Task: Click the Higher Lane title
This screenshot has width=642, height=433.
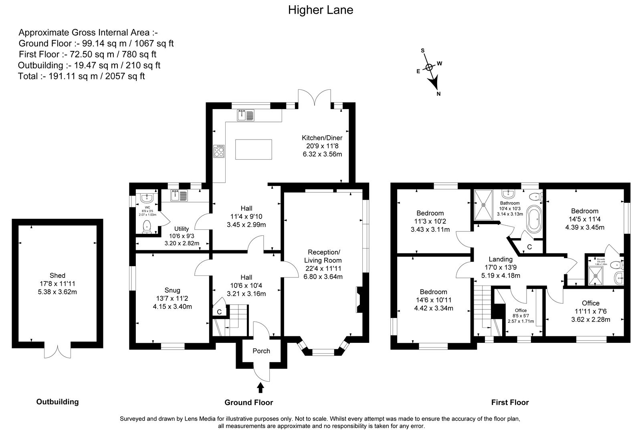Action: tap(321, 10)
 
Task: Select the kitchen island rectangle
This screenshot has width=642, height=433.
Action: tap(253, 150)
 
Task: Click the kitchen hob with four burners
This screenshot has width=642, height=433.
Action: tap(219, 152)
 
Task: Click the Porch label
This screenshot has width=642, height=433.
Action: tap(261, 351)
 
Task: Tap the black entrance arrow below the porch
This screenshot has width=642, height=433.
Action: tap(260, 387)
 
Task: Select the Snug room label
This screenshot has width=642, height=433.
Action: tap(172, 290)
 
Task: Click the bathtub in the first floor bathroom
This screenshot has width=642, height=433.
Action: tap(533, 219)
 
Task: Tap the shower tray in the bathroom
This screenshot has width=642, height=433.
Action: tap(484, 204)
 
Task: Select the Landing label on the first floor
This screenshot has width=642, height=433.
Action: tap(500, 259)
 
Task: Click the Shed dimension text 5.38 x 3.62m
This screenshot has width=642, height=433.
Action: tap(58, 292)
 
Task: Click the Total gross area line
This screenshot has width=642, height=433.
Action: tap(81, 76)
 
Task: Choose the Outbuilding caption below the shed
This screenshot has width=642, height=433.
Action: tap(58, 402)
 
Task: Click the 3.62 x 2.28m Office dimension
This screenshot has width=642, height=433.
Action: tap(591, 320)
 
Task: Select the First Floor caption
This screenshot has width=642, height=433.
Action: tap(510, 402)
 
